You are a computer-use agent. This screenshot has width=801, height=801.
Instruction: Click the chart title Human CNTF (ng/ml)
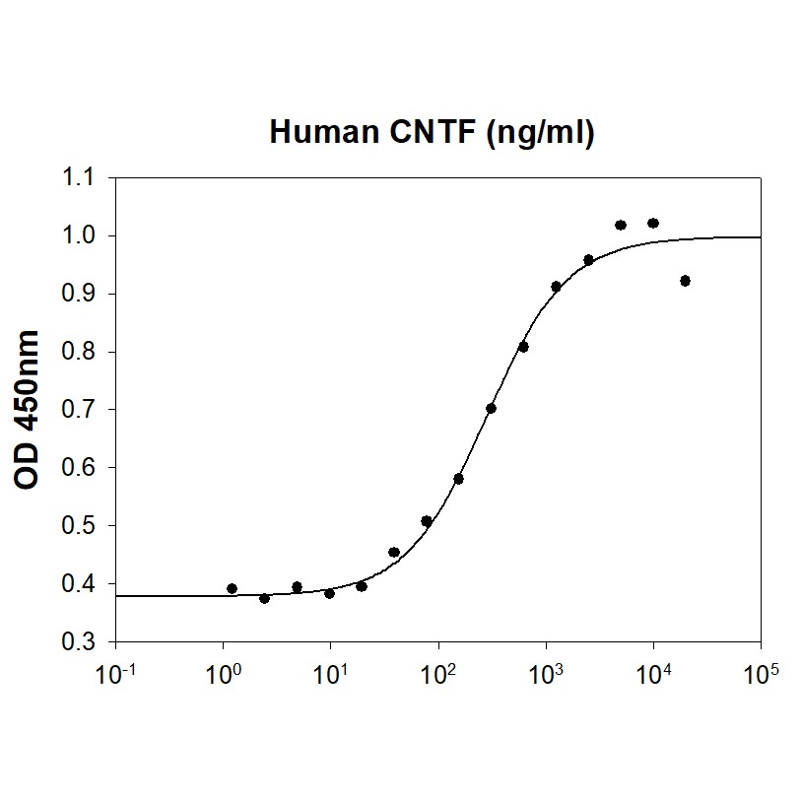(x=432, y=133)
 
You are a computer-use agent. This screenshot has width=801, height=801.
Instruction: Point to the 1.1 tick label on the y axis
(x=78, y=178)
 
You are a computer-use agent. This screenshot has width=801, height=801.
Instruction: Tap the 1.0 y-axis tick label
(x=78, y=236)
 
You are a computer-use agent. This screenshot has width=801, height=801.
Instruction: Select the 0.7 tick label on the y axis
(x=78, y=410)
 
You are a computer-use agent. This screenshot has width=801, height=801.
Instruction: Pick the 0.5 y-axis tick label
(x=78, y=526)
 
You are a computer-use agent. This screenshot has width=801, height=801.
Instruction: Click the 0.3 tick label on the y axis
(x=78, y=641)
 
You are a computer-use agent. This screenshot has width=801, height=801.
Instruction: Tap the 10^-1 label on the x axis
(x=115, y=675)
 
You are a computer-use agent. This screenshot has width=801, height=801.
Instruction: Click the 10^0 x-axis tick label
(x=223, y=675)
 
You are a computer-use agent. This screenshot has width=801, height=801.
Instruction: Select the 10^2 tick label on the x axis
(x=438, y=675)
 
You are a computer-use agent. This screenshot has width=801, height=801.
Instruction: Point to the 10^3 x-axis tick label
(x=546, y=675)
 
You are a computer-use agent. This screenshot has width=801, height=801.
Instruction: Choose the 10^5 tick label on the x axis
(x=761, y=675)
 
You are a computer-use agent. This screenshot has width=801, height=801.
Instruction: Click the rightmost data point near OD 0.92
(x=685, y=281)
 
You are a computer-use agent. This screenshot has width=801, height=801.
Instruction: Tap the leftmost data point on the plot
(x=232, y=588)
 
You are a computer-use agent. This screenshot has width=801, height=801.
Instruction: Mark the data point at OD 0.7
(x=491, y=408)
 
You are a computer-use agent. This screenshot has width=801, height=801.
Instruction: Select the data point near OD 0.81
(x=523, y=346)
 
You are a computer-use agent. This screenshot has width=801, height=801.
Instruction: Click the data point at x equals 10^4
(x=652, y=224)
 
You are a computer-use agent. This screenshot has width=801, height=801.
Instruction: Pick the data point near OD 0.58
(x=458, y=478)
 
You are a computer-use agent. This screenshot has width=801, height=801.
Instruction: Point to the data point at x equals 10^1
(x=329, y=593)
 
